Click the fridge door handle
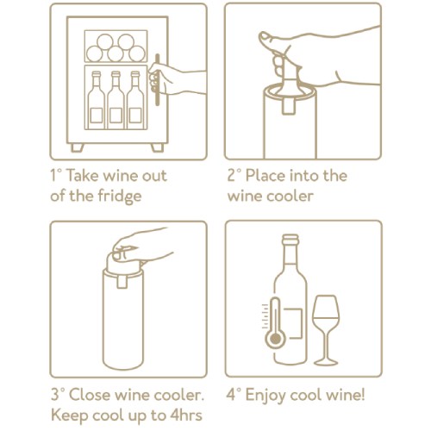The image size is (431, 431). point(157,79)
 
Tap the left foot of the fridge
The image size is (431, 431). point(77,147)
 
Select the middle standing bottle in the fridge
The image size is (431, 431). point(116,100)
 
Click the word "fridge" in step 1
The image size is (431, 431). point(120,197)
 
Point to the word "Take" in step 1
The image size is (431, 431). point(82,176)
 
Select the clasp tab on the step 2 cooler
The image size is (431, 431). point(290,106)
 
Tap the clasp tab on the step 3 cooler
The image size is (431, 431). point(122,282)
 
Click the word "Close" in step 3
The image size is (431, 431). point(90,395)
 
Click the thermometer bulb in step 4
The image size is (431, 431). point(276,339)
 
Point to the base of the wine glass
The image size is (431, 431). point(326,362)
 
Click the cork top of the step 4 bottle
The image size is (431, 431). point(290,239)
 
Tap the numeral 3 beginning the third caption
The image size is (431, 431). point(55,395)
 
